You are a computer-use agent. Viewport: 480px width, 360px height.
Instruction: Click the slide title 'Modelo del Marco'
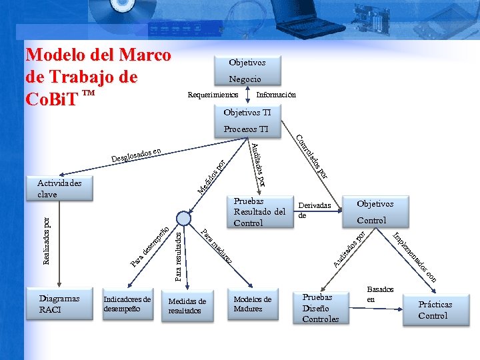click(x=98, y=55)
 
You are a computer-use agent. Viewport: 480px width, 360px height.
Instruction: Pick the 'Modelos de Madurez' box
click(x=253, y=304)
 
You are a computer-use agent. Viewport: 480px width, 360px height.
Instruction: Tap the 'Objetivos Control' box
click(x=375, y=212)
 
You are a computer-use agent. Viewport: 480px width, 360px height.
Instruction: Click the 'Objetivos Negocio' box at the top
click(x=247, y=70)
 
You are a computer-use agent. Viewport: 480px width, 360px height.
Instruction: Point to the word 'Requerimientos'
click(x=213, y=95)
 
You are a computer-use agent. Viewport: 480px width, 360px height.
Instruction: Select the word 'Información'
click(x=276, y=95)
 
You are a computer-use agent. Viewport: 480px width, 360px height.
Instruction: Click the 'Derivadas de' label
click(x=314, y=211)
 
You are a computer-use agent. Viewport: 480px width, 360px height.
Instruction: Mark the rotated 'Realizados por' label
click(x=46, y=240)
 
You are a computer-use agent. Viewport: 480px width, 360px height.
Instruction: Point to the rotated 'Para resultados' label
click(x=178, y=255)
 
